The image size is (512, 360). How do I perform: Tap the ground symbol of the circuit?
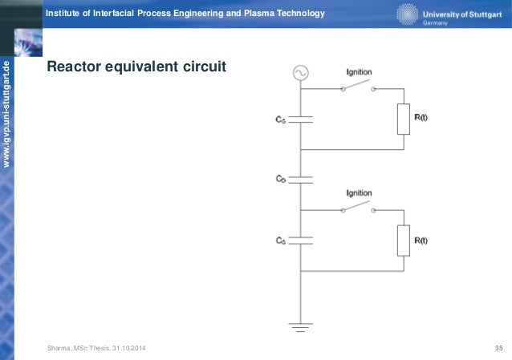[x=300, y=326]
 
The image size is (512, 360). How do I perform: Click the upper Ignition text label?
[x=359, y=73]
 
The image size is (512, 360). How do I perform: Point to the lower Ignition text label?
[x=359, y=194]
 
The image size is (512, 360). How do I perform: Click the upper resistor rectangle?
[x=404, y=119]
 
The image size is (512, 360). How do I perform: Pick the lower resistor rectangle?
[x=404, y=241]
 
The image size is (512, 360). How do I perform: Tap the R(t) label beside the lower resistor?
[x=422, y=239]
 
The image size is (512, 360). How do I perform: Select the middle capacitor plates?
[x=300, y=180]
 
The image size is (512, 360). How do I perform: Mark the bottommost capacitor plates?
[x=300, y=240]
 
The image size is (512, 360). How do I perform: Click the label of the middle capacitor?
[x=280, y=180]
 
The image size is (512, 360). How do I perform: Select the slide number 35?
[x=498, y=347]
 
